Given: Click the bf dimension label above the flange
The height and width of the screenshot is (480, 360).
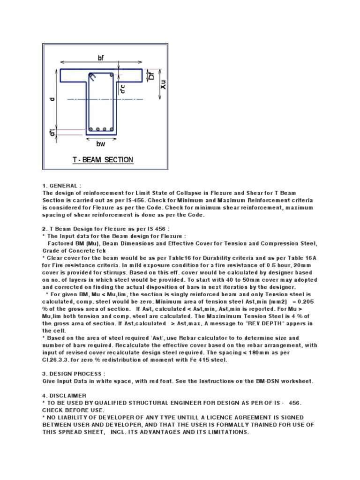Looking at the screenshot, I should pos(101,58).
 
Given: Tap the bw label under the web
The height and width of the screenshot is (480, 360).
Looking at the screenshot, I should pos(101,144).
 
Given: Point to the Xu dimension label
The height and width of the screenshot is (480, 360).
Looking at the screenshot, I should pos(163,85).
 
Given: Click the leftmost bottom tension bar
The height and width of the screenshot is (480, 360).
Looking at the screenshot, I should pos(92,129).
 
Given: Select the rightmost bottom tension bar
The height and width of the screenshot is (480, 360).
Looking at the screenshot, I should pos(111,129).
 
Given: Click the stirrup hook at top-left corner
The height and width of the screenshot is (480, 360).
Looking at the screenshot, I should pos(93,76).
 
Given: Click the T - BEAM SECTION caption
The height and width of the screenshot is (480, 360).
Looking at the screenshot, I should pos(103,160).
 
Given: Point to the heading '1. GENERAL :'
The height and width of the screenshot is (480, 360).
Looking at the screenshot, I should pos(62,186).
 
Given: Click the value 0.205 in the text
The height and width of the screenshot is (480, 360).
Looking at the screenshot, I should pos(304,301).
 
